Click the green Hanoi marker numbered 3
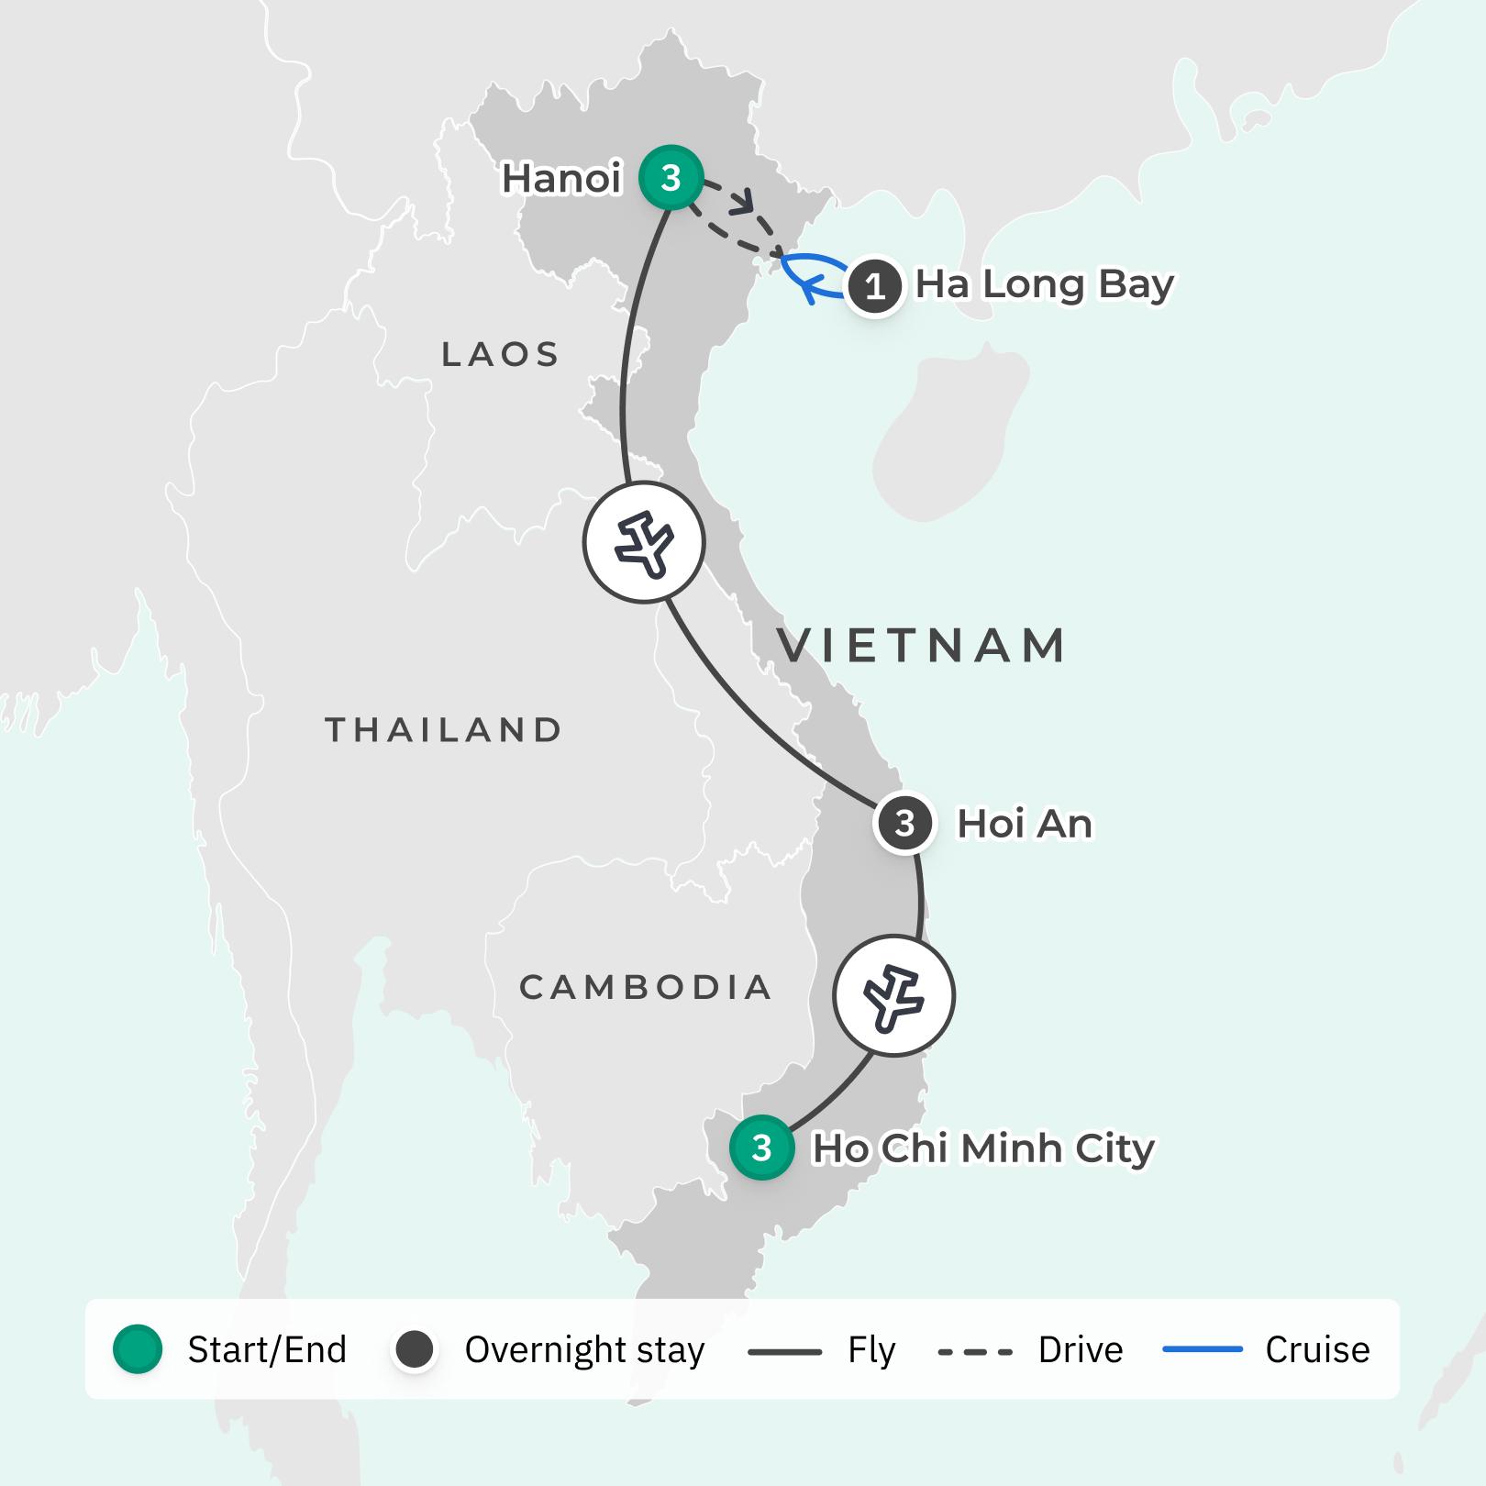pos(671,178)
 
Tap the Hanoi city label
pos(561,179)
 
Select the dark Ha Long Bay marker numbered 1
pos(875,287)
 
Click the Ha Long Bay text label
pos(1044,285)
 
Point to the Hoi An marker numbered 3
pos(904,824)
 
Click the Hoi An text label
pos(1025,824)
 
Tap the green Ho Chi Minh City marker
pos(761,1148)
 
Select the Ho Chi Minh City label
pos(983,1148)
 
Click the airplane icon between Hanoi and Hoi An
pos(644,542)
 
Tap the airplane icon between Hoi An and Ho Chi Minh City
pos(893,996)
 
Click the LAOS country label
pos(500,354)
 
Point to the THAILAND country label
pos(444,730)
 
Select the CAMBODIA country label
pos(646,988)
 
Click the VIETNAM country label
pos(922,645)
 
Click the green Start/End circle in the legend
pos(138,1349)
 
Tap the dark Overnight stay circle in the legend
pos(415,1349)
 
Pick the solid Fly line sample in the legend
pos(784,1351)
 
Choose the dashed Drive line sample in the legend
pos(975,1351)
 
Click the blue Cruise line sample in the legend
pos(1202,1350)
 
